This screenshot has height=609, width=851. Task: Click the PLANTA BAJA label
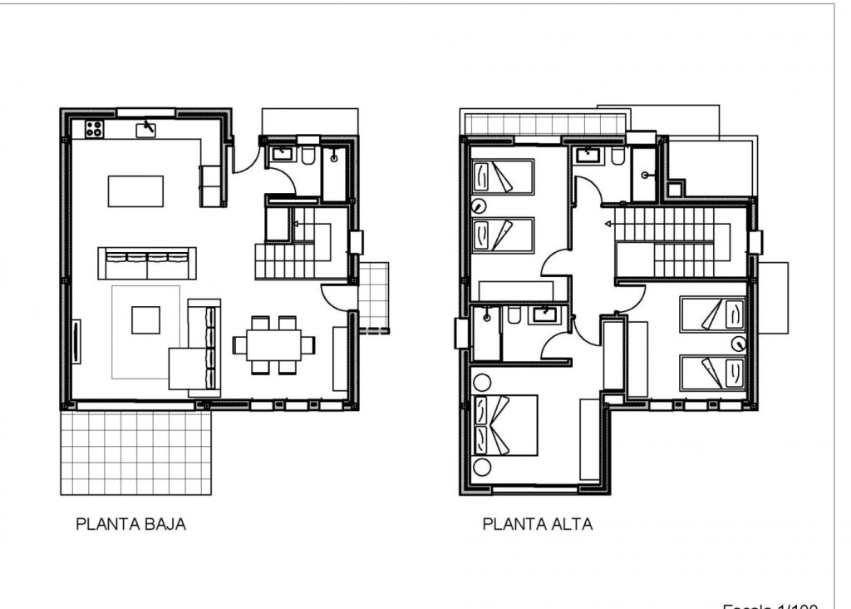[x=130, y=524]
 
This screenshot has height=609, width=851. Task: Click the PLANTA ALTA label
[x=537, y=524]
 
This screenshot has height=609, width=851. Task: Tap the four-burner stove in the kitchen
[x=93, y=129]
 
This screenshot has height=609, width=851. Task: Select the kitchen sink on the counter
[x=147, y=128]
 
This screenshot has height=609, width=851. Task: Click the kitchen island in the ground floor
[x=135, y=191]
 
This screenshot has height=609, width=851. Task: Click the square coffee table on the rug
[x=145, y=319]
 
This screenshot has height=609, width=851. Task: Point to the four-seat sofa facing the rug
[x=147, y=263]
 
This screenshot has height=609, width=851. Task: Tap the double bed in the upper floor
[x=504, y=425]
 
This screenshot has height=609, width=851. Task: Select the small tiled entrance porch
[x=374, y=297]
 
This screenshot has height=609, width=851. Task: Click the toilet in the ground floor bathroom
[x=307, y=157]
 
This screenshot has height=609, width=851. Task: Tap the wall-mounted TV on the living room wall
[x=77, y=342]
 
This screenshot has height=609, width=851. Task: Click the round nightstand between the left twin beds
[x=478, y=207]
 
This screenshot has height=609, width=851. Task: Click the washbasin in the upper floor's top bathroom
[x=590, y=154]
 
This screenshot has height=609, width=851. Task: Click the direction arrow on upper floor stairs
[x=609, y=224]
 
